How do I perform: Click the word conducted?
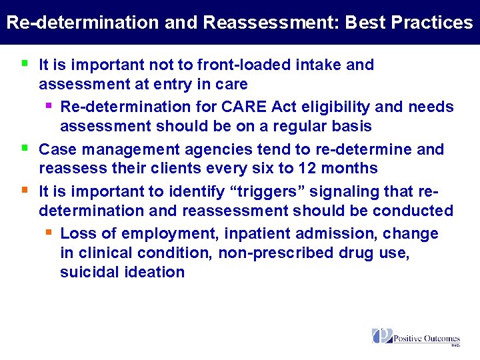tap(413, 211)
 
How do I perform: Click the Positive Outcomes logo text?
tap(427, 338)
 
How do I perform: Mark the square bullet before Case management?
tap(25, 148)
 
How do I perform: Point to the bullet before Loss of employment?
tap(48, 233)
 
